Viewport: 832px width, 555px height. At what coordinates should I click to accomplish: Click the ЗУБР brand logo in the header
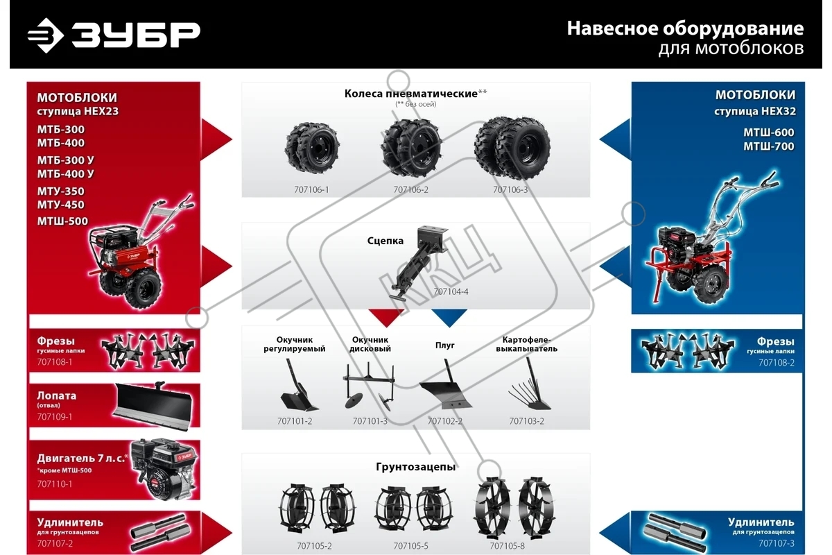tap(114, 35)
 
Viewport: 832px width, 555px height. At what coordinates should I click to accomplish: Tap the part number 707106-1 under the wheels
tap(311, 190)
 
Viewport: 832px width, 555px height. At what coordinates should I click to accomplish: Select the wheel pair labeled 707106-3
tap(512, 148)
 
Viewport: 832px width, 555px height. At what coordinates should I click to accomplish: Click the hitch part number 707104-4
tap(451, 292)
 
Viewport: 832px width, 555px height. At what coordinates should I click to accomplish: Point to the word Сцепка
tap(385, 241)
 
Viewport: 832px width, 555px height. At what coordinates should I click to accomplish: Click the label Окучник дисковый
tap(370, 344)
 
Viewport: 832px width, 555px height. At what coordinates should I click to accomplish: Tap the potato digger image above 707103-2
tap(529, 384)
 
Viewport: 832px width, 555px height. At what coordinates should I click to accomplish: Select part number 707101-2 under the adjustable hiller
tap(295, 421)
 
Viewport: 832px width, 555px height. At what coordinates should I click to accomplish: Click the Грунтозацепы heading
tap(415, 467)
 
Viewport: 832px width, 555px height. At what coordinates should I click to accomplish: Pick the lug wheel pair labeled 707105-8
tap(514, 508)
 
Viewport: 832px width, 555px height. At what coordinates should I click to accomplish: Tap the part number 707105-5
tap(410, 546)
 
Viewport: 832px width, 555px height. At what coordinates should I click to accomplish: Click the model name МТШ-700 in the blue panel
tap(768, 146)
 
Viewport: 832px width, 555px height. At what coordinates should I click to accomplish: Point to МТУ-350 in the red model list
tap(60, 191)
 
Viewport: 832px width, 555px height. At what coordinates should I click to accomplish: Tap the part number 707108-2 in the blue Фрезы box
tap(777, 362)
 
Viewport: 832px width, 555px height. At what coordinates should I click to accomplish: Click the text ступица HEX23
tap(78, 111)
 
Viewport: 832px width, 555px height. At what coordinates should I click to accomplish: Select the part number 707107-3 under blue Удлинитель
tap(777, 543)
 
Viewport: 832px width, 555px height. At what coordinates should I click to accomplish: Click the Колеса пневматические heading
tap(410, 94)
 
